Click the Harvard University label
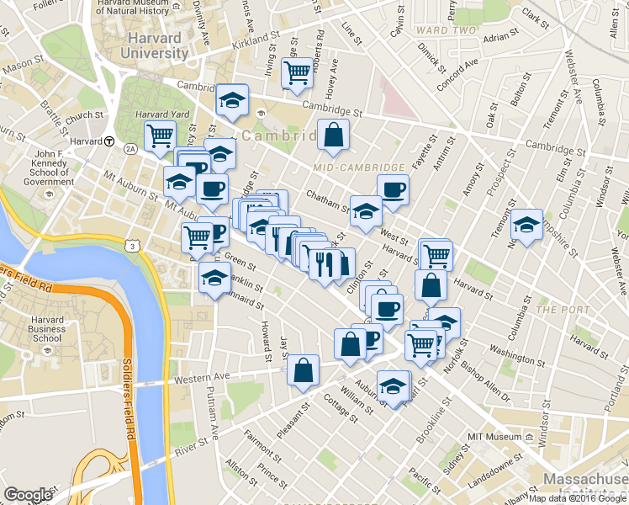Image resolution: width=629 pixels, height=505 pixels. [157, 45]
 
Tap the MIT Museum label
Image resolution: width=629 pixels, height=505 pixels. [494, 438]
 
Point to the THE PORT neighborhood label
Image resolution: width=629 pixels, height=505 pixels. [558, 310]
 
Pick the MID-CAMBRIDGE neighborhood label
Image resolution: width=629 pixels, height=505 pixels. [358, 167]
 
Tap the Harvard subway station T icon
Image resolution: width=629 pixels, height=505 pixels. [109, 141]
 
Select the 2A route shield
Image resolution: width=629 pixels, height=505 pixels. [130, 148]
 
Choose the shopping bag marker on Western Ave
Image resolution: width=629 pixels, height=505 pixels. [303, 370]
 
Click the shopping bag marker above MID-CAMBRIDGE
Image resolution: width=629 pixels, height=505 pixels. [333, 135]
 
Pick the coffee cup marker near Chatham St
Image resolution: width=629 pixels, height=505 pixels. [392, 190]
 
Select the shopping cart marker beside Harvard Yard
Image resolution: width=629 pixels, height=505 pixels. [159, 135]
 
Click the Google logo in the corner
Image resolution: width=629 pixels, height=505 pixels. [28, 495]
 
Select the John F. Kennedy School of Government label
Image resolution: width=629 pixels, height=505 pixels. [50, 167]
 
